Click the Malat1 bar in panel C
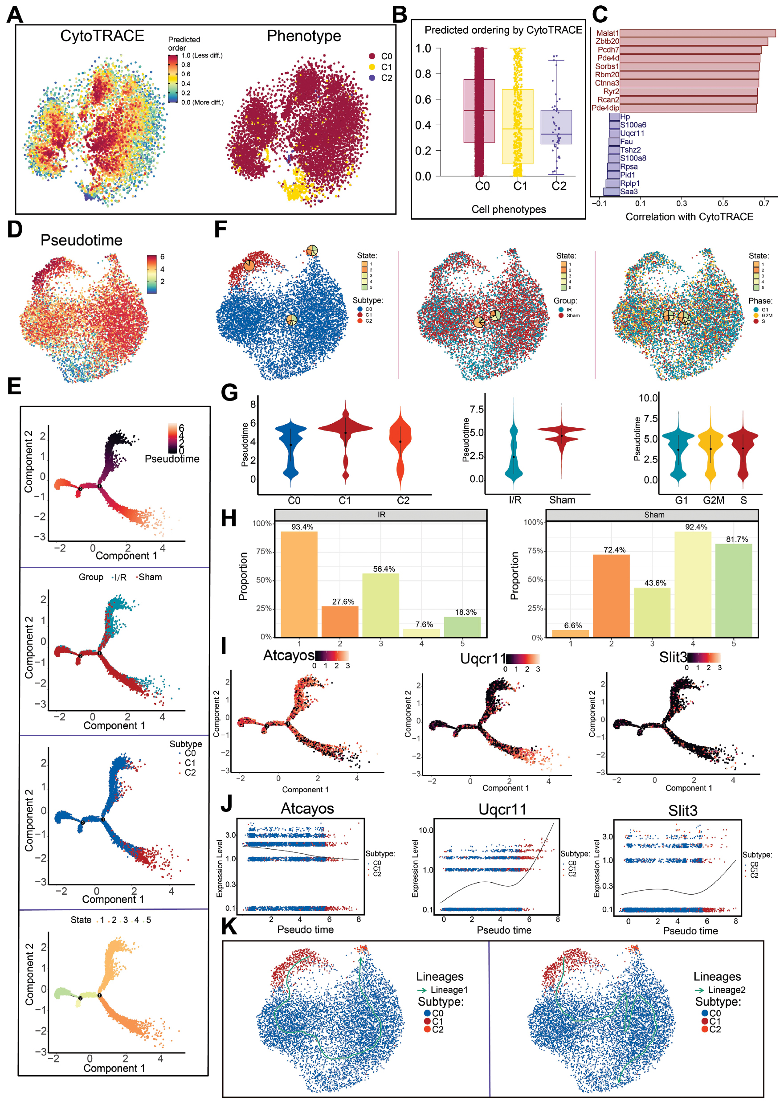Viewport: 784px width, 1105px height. point(697,33)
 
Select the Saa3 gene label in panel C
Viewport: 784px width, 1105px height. point(629,192)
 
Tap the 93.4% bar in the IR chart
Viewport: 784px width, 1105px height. point(299,584)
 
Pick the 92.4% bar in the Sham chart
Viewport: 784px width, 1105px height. point(692,584)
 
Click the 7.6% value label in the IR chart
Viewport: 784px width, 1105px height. point(424,624)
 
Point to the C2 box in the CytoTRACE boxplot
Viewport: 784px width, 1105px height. point(555,127)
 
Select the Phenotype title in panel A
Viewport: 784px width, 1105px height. point(304,36)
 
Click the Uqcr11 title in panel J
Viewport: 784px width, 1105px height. point(502,810)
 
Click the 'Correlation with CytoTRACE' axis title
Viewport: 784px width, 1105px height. point(689,217)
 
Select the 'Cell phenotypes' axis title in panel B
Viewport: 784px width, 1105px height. point(508,209)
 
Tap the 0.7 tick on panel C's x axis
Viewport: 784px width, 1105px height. point(764,203)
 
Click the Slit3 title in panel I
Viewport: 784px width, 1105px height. point(673,657)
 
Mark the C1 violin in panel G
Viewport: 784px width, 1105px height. point(345,430)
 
